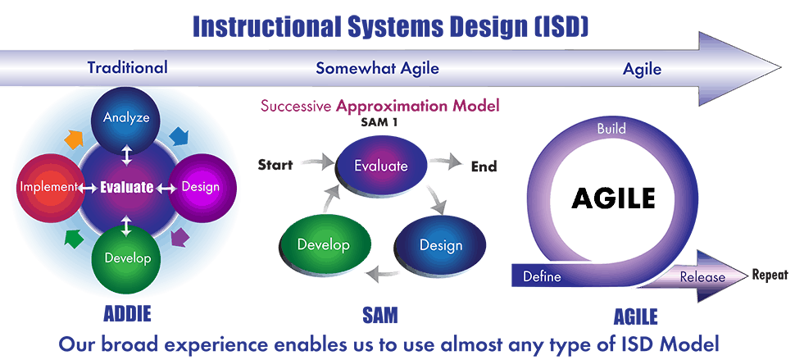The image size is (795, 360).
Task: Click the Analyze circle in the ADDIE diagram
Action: coord(126,117)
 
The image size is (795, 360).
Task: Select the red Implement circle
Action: coord(48,187)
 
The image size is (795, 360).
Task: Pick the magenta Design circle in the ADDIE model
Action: coord(202,187)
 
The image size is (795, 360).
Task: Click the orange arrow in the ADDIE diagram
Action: coord(75,139)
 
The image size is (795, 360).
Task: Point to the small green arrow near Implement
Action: coord(75,238)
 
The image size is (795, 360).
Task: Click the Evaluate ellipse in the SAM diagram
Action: coord(381,166)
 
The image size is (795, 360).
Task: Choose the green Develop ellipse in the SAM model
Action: coord(323,245)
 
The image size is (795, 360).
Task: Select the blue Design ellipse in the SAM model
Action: coord(440,245)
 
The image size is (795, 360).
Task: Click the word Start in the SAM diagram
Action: coord(275,165)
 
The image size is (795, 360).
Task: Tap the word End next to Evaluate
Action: coord(484,166)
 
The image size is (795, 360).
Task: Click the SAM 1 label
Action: coord(379,122)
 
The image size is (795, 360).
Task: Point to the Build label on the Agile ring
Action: coord(611,129)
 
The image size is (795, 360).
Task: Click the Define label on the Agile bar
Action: coord(542,277)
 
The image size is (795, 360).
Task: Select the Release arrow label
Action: coord(702,277)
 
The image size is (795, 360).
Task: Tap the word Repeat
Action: coord(770,275)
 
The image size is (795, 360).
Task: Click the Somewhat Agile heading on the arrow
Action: coord(377,68)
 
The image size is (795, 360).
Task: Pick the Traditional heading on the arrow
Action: coord(127,67)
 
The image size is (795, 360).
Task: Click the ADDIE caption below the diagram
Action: coord(127,314)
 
